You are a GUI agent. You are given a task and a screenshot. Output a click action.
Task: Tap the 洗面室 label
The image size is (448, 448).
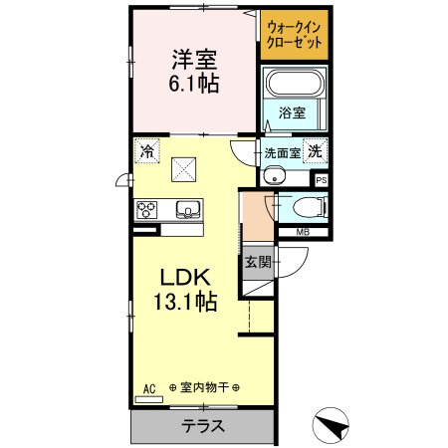pos(281,153)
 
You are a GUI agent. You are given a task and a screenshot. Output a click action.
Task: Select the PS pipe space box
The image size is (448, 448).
pos(321,180)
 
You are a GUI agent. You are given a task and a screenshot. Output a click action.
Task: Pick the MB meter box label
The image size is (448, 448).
pos(301,234)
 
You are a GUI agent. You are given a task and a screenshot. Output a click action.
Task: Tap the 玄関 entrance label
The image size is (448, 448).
pos(257,263)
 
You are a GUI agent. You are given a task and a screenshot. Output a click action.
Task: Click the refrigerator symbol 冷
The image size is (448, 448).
pos(147,151)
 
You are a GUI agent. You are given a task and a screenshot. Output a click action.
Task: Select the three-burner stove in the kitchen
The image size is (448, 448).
pos(148,209)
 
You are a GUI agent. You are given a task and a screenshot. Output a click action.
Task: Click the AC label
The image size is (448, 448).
pos(149,387)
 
